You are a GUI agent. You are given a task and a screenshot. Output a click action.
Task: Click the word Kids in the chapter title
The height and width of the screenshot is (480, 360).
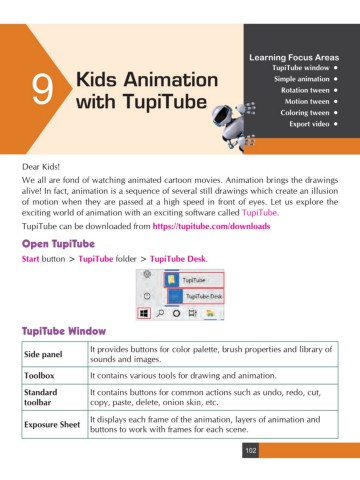[x=97, y=79]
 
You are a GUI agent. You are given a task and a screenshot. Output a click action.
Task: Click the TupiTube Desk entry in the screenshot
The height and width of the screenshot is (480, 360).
[x=205, y=297]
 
